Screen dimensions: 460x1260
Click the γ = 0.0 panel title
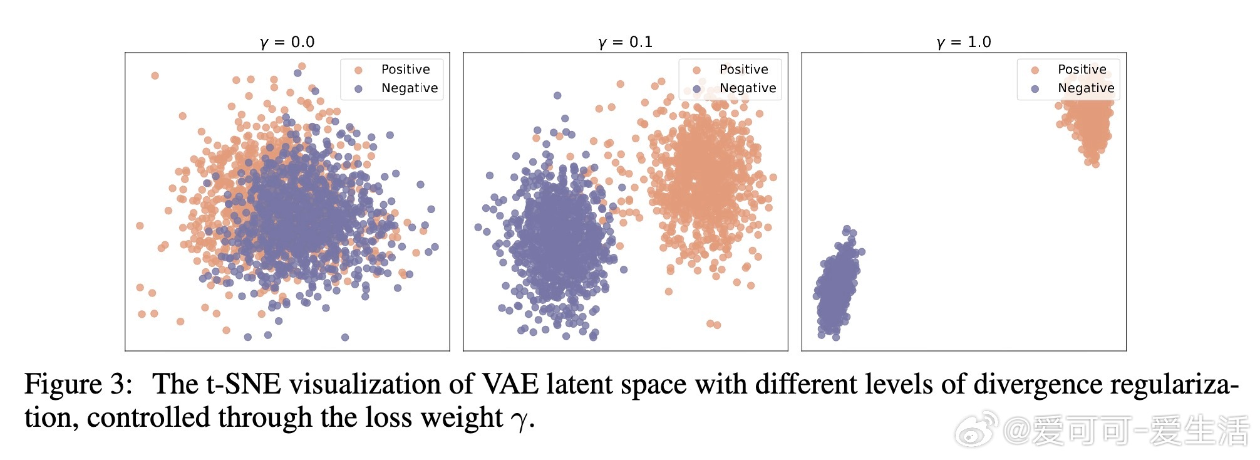[287, 42]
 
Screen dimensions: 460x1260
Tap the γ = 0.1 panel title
[626, 42]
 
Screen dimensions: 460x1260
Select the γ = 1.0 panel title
[964, 42]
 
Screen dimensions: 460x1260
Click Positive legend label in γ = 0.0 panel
[405, 70]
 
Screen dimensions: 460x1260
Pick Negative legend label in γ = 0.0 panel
[410, 88]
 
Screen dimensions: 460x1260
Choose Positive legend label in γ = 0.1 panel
[743, 70]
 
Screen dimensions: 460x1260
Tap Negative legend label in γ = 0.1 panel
[748, 88]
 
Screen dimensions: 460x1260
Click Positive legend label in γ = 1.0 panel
[1082, 70]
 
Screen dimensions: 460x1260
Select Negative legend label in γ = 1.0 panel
[1086, 88]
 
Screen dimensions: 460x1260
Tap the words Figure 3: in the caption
[78, 384]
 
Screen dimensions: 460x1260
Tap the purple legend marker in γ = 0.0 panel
[358, 89]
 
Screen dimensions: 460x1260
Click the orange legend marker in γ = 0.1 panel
[696, 70]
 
